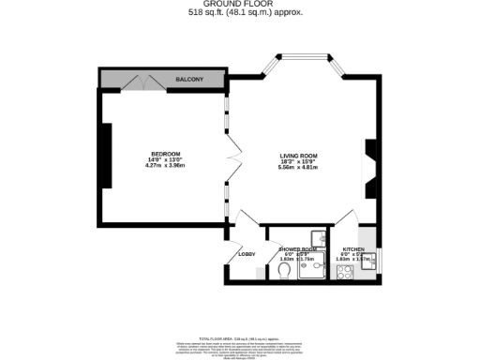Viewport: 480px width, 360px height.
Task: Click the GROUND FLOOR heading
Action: (x=239, y=5)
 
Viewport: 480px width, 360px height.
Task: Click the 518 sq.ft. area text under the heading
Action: (x=239, y=13)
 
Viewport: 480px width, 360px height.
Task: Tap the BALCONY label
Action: (x=190, y=80)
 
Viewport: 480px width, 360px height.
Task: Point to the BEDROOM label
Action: (x=165, y=154)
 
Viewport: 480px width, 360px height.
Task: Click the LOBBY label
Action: (x=247, y=254)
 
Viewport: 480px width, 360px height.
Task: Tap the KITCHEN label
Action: (x=353, y=250)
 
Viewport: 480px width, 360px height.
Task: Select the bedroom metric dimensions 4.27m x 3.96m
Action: (x=165, y=167)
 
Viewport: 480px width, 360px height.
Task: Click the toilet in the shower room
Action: (x=284, y=271)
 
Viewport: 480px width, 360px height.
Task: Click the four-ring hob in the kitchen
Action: (x=344, y=275)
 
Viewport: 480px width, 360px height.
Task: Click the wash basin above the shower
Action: (x=320, y=236)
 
